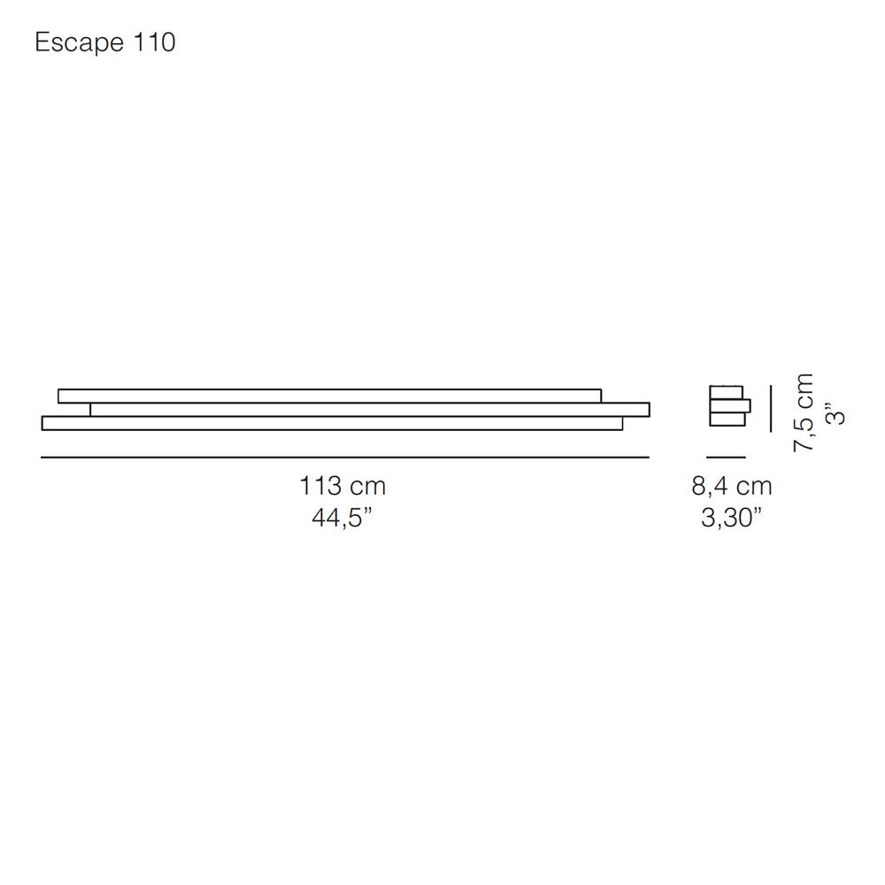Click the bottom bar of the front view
[332, 423]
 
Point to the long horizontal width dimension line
[345, 458]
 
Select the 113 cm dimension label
[342, 486]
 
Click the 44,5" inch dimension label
[342, 517]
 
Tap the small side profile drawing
[728, 406]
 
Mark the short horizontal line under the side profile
[726, 458]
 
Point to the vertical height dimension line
[770, 408]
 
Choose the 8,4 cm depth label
[731, 486]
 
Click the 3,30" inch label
[732, 517]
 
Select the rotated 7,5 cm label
[804, 412]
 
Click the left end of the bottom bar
[44, 423]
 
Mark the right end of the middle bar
[647, 409]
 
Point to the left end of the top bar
[60, 395]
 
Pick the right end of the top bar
[599, 395]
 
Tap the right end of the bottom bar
[620, 423]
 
